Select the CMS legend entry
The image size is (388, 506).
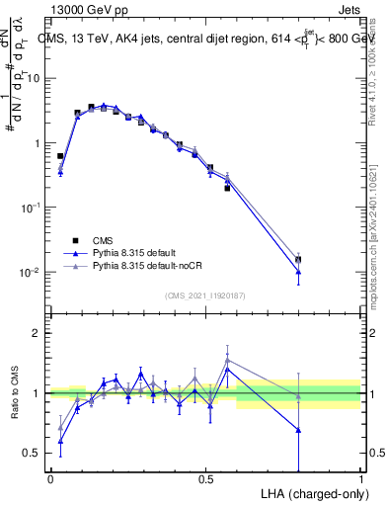[x=104, y=239]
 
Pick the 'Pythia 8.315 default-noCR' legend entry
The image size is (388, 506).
[x=155, y=267]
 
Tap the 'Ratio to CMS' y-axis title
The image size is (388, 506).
[x=15, y=393]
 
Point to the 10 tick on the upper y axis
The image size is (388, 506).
[x=36, y=78]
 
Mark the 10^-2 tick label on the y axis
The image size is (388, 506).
[x=32, y=272]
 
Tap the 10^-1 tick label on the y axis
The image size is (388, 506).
[x=32, y=208]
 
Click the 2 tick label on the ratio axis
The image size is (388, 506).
[x=39, y=334]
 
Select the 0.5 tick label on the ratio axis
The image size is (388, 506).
[x=35, y=453]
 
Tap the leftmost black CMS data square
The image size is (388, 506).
[x=60, y=156]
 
